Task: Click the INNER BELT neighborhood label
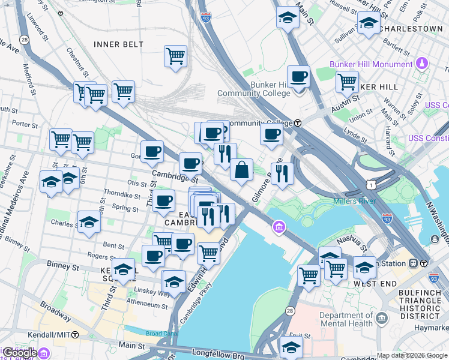118,44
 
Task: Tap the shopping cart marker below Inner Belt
175,57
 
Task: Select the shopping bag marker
241,170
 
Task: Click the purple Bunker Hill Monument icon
422,64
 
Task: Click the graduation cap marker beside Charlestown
368,24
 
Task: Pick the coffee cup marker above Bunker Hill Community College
298,77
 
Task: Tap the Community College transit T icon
298,123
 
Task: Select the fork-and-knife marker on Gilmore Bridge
282,174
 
